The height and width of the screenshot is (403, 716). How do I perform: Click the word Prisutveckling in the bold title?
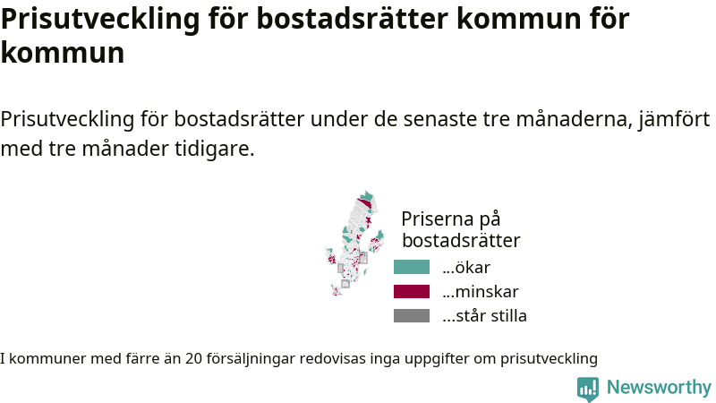(100, 19)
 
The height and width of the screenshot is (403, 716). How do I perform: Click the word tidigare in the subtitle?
(214, 149)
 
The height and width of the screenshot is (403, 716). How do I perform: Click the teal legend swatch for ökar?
(412, 267)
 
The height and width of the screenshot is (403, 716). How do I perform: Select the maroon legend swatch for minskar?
(412, 292)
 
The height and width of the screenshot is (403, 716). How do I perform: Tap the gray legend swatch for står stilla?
(412, 316)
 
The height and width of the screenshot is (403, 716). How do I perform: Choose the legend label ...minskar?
(481, 292)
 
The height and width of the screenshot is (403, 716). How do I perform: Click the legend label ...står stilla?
(484, 316)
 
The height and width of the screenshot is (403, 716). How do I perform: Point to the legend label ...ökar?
(466, 267)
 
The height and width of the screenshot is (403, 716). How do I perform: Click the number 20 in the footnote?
(193, 359)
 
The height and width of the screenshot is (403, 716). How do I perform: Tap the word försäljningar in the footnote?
(251, 359)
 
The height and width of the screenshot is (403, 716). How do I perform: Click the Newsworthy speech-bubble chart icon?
(588, 389)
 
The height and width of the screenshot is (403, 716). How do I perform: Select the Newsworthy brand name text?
(659, 387)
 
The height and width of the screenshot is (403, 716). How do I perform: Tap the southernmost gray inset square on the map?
(345, 284)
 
